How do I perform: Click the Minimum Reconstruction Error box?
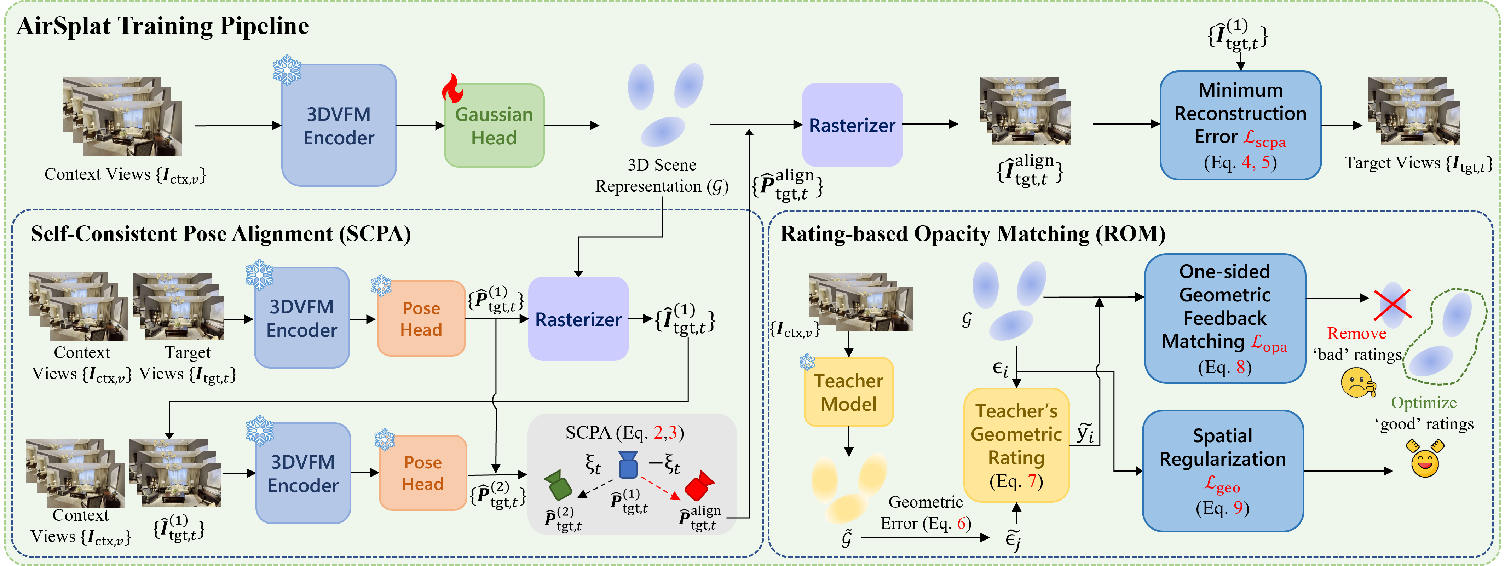tap(1240, 125)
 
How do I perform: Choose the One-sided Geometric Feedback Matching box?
tap(1224, 318)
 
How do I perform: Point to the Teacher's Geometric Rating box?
tap(1016, 445)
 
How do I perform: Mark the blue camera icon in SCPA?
tap(628, 465)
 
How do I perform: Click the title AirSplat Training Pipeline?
tap(162, 26)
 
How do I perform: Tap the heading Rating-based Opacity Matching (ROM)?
tap(973, 233)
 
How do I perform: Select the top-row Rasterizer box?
tap(852, 125)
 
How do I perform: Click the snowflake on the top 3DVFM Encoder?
tap(287, 70)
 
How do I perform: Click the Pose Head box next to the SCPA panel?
tap(422, 473)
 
